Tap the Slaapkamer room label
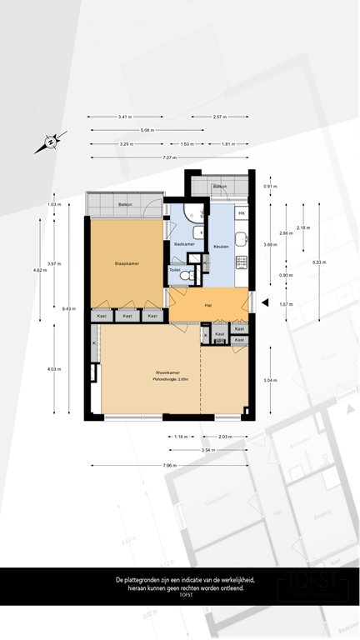pyautogui.click(x=126, y=264)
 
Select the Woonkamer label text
pyautogui.click(x=168, y=372)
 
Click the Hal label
pyautogui.click(x=209, y=305)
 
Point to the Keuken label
pyautogui.click(x=221, y=247)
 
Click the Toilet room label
pyautogui.click(x=175, y=270)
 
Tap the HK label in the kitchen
pyautogui.click(x=242, y=214)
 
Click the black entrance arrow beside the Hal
pyautogui.click(x=265, y=303)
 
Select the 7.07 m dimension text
pyautogui.click(x=170, y=157)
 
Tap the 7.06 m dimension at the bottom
pyautogui.click(x=170, y=465)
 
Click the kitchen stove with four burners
pyautogui.click(x=242, y=262)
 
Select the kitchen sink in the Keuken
pyautogui.click(x=242, y=239)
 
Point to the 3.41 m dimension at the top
pyautogui.click(x=126, y=117)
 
